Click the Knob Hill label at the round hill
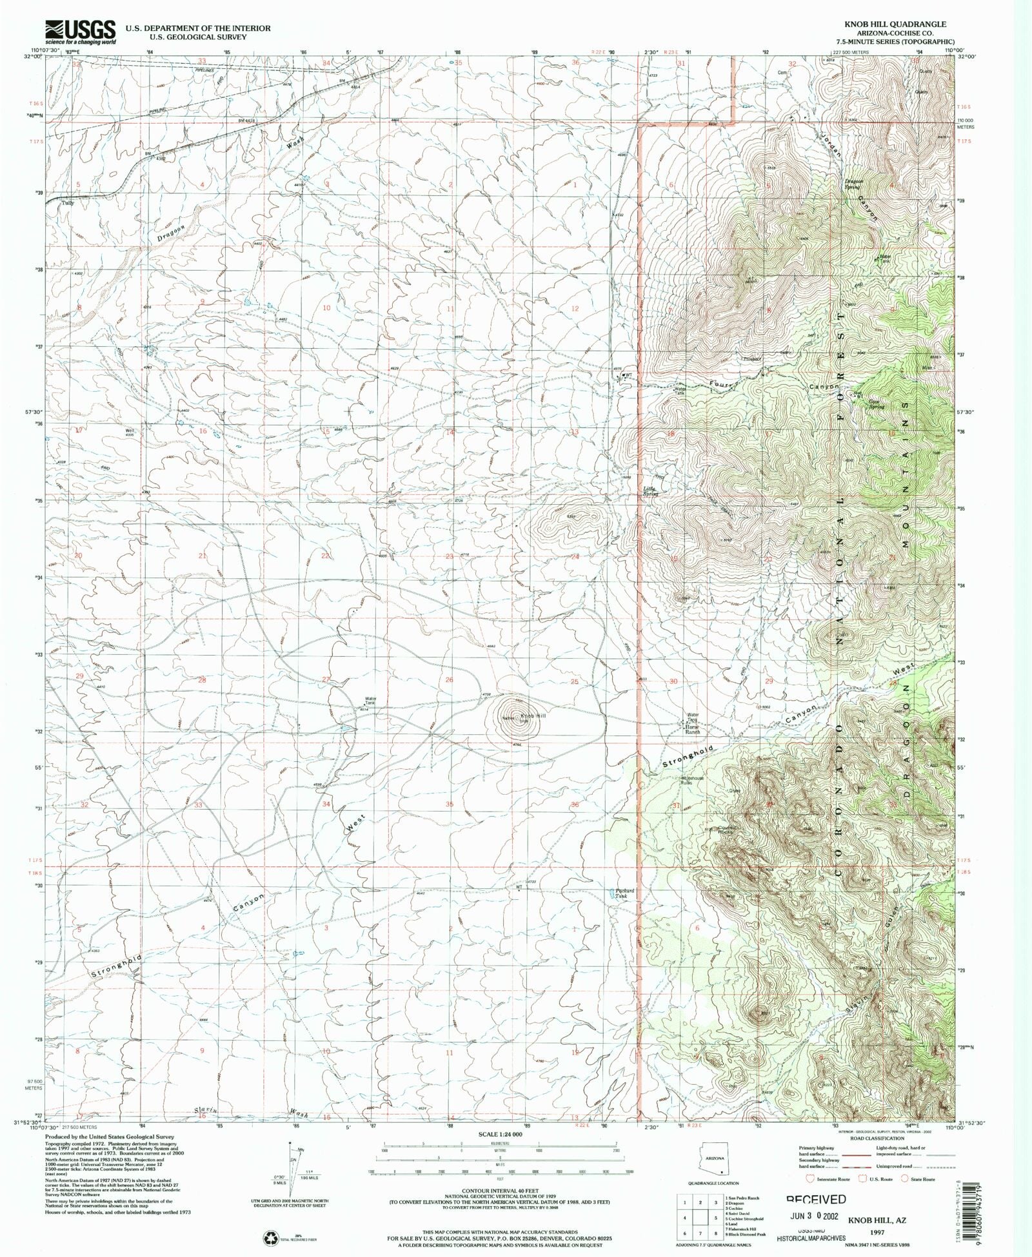[533, 716]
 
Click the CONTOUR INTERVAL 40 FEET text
[491, 1191]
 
